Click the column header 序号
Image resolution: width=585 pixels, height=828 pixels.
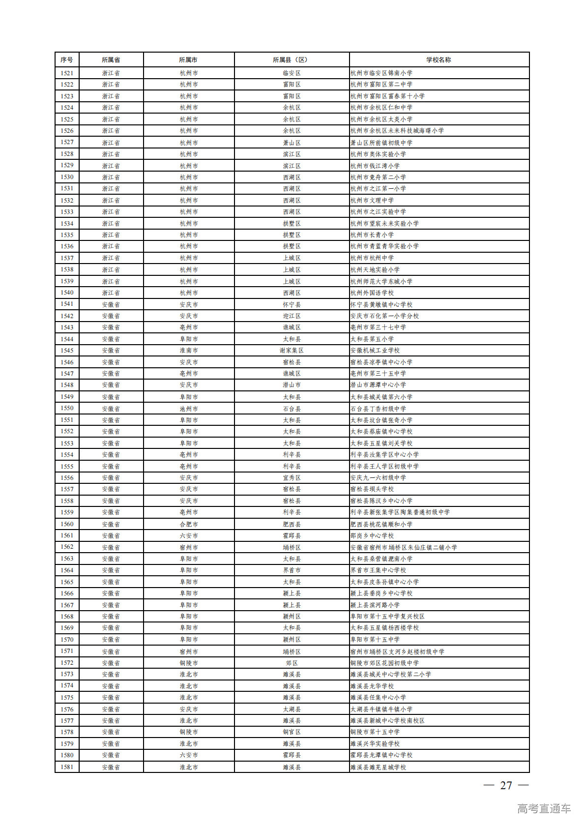click(x=67, y=60)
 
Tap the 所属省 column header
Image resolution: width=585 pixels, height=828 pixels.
click(x=111, y=60)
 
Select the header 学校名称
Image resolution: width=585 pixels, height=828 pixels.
click(x=439, y=60)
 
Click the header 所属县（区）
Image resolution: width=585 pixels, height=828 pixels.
click(x=292, y=60)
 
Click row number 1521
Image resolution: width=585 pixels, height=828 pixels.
click(x=67, y=73)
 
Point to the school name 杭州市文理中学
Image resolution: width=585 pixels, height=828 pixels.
click(x=372, y=201)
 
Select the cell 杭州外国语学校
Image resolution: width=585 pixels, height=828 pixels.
click(x=372, y=293)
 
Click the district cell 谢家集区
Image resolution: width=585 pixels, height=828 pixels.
click(x=292, y=351)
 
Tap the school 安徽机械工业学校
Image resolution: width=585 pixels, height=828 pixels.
click(x=375, y=351)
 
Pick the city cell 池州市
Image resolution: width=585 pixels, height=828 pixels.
click(x=189, y=409)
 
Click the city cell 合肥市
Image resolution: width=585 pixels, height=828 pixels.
click(x=189, y=524)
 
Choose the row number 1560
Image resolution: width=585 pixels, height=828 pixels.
click(x=67, y=524)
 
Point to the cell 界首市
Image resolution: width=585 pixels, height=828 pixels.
click(x=292, y=570)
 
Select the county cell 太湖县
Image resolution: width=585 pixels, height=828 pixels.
click(x=292, y=709)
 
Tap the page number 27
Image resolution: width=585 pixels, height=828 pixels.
click(x=506, y=785)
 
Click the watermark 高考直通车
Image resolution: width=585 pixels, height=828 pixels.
click(x=544, y=808)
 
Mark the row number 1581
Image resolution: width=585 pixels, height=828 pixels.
click(x=67, y=767)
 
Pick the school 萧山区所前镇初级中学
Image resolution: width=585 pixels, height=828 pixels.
click(x=381, y=143)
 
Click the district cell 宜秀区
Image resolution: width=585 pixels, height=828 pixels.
click(x=292, y=478)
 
